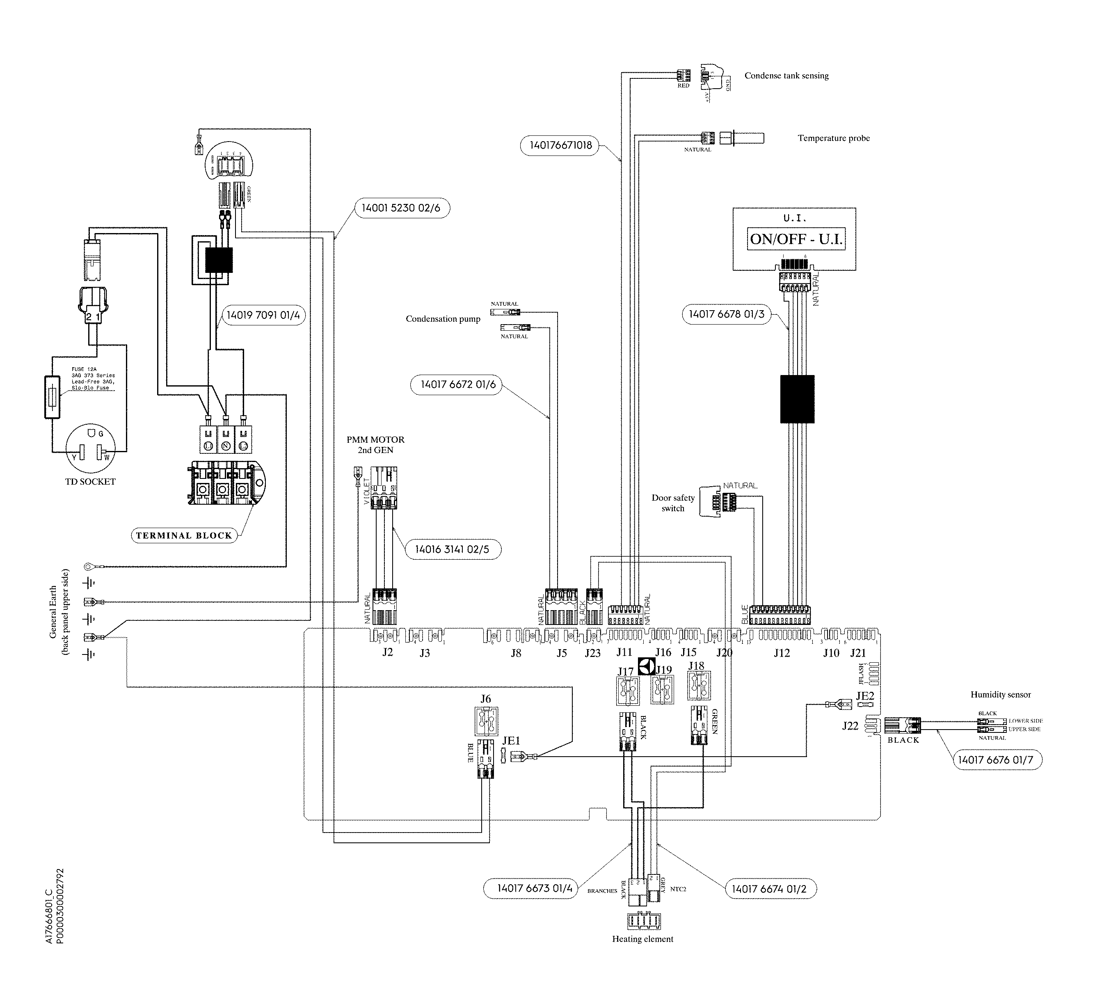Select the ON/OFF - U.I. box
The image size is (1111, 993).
796,239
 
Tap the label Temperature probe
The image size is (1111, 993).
833,138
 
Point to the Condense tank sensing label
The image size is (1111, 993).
786,76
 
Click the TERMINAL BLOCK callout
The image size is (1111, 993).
184,535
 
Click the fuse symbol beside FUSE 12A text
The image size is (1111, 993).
52,397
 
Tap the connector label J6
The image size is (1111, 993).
485,699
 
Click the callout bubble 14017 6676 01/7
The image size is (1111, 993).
997,760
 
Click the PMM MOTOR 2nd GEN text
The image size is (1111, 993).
375,445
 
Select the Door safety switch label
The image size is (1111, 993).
672,503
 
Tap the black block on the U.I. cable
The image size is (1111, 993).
797,399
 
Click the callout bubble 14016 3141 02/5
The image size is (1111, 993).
452,549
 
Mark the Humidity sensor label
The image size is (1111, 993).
1000,695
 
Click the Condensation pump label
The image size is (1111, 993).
442,319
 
